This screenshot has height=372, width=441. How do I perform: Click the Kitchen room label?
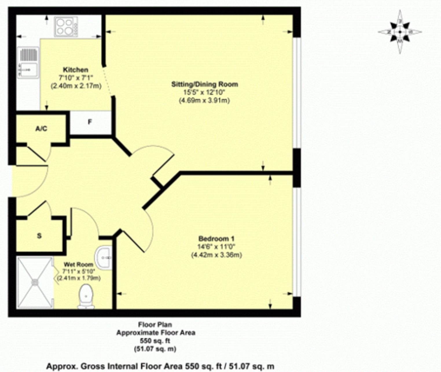click(76, 70)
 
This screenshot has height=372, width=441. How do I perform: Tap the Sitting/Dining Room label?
click(205, 84)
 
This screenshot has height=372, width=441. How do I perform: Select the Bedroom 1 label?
click(216, 239)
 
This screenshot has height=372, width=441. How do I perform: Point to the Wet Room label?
click(79, 264)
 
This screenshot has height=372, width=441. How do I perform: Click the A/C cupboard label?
click(41, 129)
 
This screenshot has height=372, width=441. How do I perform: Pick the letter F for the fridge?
click(90, 122)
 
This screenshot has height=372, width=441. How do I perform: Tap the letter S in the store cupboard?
click(39, 236)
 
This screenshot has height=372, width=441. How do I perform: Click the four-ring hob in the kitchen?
click(66, 27)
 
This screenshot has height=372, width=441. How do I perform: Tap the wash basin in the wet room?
click(103, 258)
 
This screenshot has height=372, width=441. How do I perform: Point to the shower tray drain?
click(35, 282)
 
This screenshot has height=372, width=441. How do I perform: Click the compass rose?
click(400, 32)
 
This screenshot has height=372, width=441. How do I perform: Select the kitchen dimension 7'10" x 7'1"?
click(76, 78)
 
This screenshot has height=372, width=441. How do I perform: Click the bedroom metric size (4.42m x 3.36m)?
click(216, 255)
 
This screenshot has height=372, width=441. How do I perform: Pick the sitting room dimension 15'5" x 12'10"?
click(205, 92)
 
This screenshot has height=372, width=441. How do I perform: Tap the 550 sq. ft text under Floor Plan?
click(155, 341)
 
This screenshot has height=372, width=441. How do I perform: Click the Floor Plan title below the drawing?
click(155, 325)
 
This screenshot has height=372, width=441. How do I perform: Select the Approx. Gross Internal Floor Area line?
click(160, 366)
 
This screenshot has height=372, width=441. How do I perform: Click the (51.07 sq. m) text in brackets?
click(155, 349)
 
